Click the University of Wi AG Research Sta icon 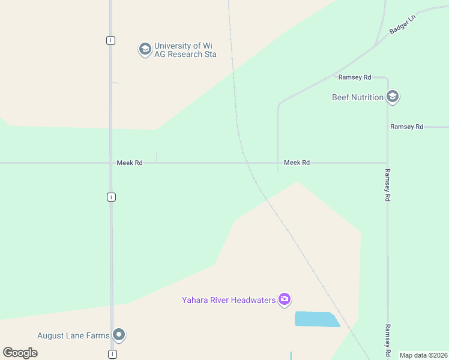coord(145,49)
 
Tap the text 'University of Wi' coord(184,46)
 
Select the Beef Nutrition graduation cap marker coord(393,97)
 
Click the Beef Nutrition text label coord(358,97)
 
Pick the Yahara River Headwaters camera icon coord(285,299)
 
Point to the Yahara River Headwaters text coord(229,299)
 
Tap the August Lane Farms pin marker coord(119,335)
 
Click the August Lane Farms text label coord(73,335)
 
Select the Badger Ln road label coord(402,24)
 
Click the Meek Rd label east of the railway coord(297,163)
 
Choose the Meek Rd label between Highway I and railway coord(130,163)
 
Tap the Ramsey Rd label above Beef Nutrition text coord(355,77)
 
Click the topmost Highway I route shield coord(110,40)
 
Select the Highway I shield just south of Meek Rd coord(111,197)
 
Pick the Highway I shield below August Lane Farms coord(112,354)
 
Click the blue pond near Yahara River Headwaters coord(316,319)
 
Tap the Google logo coord(20,353)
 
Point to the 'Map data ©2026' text coord(423,355)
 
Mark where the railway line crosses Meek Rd coord(246,163)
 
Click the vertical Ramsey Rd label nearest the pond coord(388,338)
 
